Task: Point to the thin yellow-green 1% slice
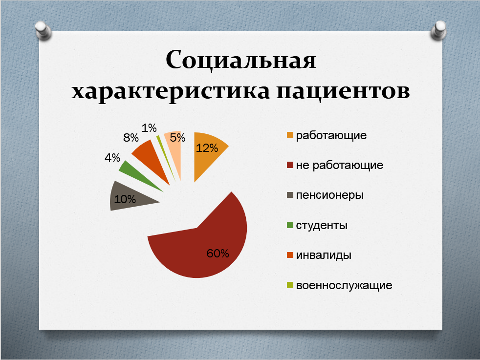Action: pyautogui.click(x=165, y=155)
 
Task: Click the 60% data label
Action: pyautogui.click(x=218, y=253)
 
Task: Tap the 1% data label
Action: pyautogui.click(x=149, y=128)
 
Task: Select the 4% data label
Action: pyautogui.click(x=112, y=157)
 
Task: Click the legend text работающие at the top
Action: pyautogui.click(x=331, y=135)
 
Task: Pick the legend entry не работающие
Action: pyautogui.click(x=340, y=165)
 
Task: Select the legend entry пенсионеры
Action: pyautogui.click(x=329, y=195)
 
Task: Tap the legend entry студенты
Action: pyautogui.click(x=322, y=225)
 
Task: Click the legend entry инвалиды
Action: pyautogui.click(x=324, y=255)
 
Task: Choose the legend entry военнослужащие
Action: pyautogui.click(x=344, y=285)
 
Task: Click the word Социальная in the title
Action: pyautogui.click(x=241, y=60)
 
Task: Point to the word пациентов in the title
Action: pyautogui.click(x=343, y=91)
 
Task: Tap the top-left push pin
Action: pyautogui.click(x=44, y=31)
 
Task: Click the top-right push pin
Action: pyautogui.click(x=438, y=30)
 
